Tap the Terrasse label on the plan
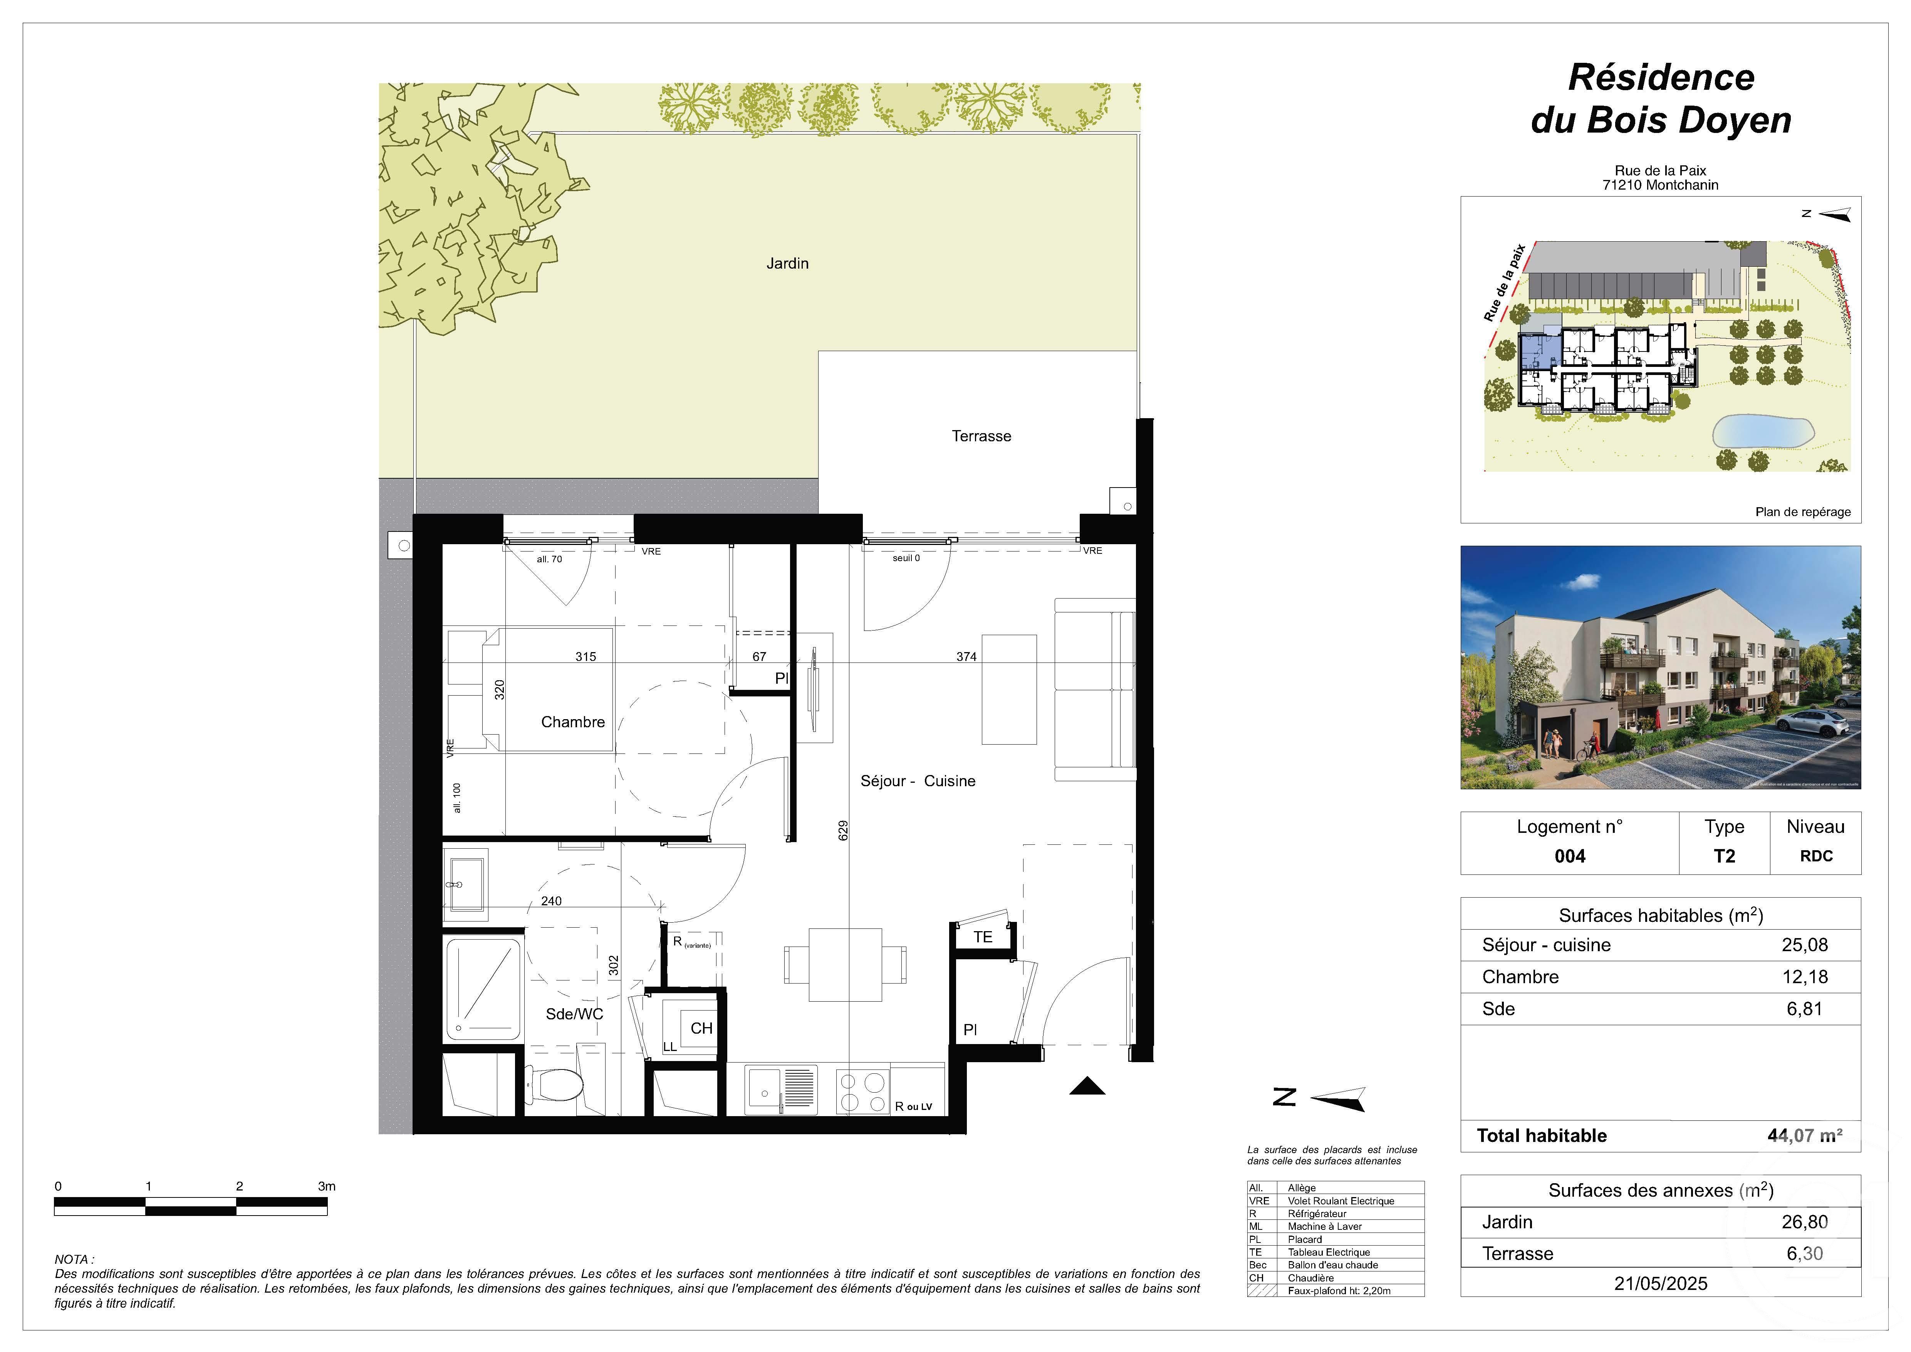[981, 436]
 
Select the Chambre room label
[573, 722]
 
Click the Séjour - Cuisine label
[917, 781]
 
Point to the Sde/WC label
[574, 1014]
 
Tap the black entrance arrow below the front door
[1086, 1086]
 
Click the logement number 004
[1570, 856]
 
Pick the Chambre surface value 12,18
[1804, 977]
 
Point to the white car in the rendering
[1819, 724]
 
